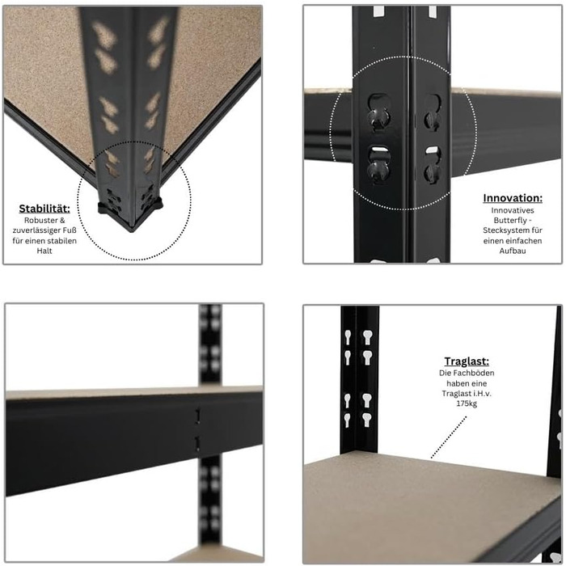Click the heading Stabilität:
(44, 209)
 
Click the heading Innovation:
(513, 198)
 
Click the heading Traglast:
(467, 361)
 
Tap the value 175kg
(467, 403)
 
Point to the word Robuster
(39, 220)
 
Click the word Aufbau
(513, 251)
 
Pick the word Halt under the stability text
(44, 251)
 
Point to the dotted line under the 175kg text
(449, 437)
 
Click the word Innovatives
(513, 210)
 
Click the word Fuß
(70, 230)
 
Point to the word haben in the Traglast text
(457, 383)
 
